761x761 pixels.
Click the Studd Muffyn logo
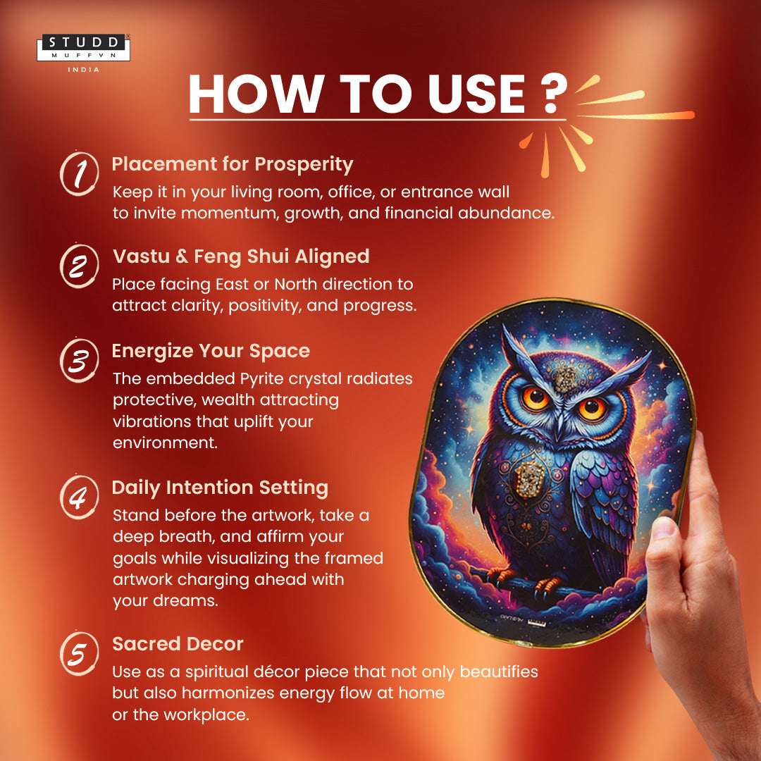click(83, 47)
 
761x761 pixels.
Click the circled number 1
click(79, 173)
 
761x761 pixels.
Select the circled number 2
click(79, 266)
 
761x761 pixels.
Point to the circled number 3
click(79, 359)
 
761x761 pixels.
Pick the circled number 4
click(79, 497)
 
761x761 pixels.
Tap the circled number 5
click(79, 652)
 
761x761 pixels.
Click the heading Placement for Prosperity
click(233, 164)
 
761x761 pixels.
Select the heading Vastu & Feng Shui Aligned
click(241, 256)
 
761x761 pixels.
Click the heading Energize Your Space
click(211, 351)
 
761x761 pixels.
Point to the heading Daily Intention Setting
click(220, 488)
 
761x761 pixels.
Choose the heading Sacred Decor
click(178, 644)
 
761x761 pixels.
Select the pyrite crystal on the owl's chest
click(528, 480)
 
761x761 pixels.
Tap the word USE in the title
click(476, 94)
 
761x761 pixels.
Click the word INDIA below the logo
click(83, 70)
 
